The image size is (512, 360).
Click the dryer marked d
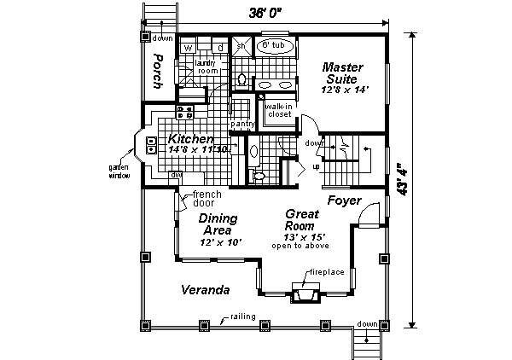pos(219,47)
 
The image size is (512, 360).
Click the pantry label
pos(243,124)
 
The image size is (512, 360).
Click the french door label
pos(207,199)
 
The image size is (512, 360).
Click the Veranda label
pos(206,290)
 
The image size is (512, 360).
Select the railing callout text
pos(244,316)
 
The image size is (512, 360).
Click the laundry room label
pos(209,67)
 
